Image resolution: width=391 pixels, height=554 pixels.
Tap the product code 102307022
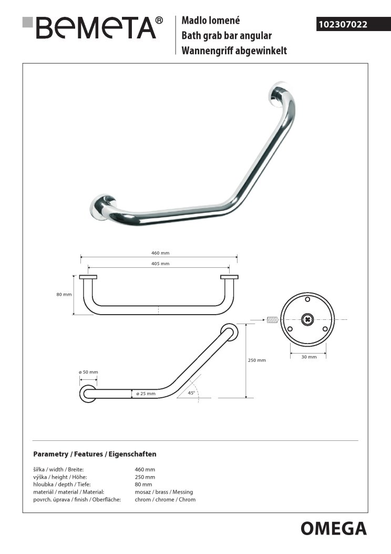pos(342,24)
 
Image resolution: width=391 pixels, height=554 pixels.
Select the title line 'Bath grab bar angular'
pos(226,36)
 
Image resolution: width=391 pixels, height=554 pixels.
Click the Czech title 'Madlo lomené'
pos(210,21)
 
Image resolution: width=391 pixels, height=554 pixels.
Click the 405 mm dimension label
pos(158,264)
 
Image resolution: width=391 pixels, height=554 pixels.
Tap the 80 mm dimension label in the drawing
pos(64,295)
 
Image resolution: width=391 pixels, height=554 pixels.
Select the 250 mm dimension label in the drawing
pos(257,360)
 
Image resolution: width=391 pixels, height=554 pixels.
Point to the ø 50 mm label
pos(88,372)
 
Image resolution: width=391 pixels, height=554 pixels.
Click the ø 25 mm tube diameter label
pos(146,393)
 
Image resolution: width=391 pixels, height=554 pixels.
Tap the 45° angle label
pos(190,392)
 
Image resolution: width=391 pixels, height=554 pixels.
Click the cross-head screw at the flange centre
pos(307,319)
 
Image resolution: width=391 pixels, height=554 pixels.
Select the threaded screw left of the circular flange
pos(271,319)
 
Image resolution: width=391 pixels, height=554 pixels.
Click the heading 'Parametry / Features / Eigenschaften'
pos(95,454)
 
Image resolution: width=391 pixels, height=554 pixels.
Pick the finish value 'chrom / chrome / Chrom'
pos(165,499)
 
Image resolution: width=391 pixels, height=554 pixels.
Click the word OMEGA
pos(333,528)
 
